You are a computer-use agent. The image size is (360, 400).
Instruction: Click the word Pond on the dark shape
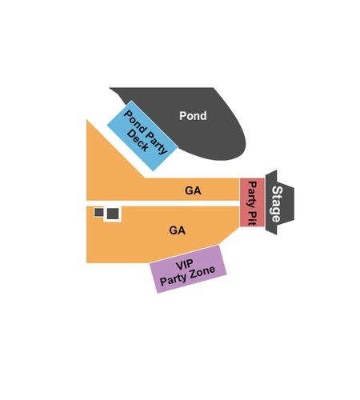(x=193, y=116)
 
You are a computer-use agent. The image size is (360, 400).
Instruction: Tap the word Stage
(x=277, y=204)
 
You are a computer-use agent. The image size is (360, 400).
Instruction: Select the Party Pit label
(x=252, y=203)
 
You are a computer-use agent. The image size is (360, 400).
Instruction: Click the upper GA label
(x=193, y=190)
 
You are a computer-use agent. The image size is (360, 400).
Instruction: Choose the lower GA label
(x=177, y=230)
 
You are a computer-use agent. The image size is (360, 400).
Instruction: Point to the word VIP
(x=185, y=265)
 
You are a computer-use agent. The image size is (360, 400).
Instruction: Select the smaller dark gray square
(x=99, y=212)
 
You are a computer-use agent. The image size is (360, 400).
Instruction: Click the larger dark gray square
(x=113, y=214)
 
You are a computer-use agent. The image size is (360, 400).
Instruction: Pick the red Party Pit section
(x=252, y=202)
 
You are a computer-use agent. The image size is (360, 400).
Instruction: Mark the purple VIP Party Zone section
(x=188, y=269)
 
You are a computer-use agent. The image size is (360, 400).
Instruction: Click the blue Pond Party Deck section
(x=142, y=136)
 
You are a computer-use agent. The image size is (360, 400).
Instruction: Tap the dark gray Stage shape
(x=280, y=202)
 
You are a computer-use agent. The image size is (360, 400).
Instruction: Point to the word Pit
(x=252, y=218)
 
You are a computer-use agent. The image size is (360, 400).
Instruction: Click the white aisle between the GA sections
(x=162, y=203)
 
